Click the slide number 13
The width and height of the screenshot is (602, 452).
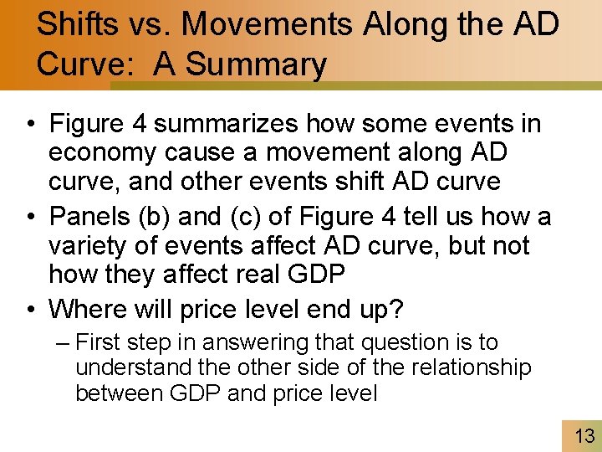point(584,435)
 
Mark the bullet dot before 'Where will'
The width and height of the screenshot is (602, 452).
point(29,310)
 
